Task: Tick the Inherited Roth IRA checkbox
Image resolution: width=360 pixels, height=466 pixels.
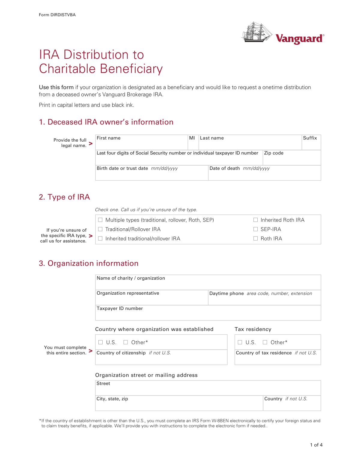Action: pos(256,220)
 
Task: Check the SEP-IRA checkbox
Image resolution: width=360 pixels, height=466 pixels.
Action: pos(256,229)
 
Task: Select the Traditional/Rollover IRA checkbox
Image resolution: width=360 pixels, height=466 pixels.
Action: pos(100,229)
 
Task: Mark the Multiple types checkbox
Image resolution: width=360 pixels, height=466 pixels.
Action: pos(100,220)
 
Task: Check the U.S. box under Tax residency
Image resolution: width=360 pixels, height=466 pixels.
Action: pos(240,342)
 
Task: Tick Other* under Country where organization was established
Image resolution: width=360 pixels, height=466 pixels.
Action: pos(126,342)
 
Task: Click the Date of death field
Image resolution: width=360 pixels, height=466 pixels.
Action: pos(264,174)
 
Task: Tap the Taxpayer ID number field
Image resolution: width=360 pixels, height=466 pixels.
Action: pos(208,314)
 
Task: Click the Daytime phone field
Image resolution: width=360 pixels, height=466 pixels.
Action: pos(264,299)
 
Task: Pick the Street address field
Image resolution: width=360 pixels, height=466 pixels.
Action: pos(208,389)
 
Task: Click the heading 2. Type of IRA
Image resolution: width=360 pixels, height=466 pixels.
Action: pos(64,197)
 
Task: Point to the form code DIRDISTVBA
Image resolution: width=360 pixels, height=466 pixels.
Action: pos(63,15)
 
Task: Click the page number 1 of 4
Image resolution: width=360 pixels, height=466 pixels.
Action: pos(316,445)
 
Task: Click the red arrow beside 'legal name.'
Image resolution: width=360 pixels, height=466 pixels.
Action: pos(91,143)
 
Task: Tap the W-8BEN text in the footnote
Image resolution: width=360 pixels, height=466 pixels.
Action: pos(220,421)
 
